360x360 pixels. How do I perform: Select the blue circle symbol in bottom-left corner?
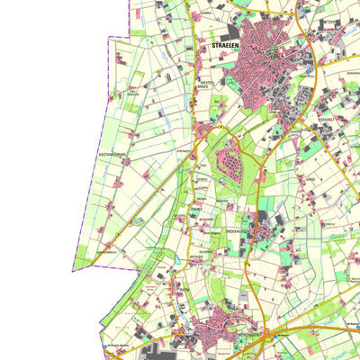pos(107,346)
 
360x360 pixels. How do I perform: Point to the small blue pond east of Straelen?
pos(307,68)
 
